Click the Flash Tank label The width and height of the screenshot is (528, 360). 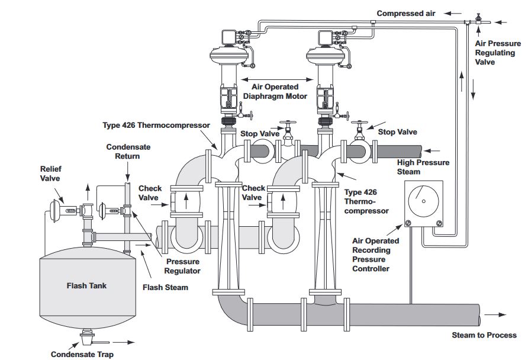pos(86,286)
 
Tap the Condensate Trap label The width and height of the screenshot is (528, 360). pos(82,354)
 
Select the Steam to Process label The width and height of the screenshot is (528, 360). pos(484,335)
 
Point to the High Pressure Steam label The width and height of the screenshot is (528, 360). pos(423,167)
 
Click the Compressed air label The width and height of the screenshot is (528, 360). pos(405,14)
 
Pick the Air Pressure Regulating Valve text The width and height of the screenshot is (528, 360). pos(498,53)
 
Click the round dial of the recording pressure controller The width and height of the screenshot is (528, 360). pos(423,201)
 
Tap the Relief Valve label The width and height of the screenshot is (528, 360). pos(50,173)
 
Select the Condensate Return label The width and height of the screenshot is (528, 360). pos(128,152)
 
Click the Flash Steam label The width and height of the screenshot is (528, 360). pos(165,288)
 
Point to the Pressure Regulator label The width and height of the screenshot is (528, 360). pos(182,266)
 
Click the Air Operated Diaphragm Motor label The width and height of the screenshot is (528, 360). pos(275,92)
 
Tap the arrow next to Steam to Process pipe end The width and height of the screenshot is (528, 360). pos(495,315)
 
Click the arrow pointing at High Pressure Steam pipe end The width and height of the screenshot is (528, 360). pos(432,150)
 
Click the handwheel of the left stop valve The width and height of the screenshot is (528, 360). pos(288,123)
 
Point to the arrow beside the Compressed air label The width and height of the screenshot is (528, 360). pos(453,14)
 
